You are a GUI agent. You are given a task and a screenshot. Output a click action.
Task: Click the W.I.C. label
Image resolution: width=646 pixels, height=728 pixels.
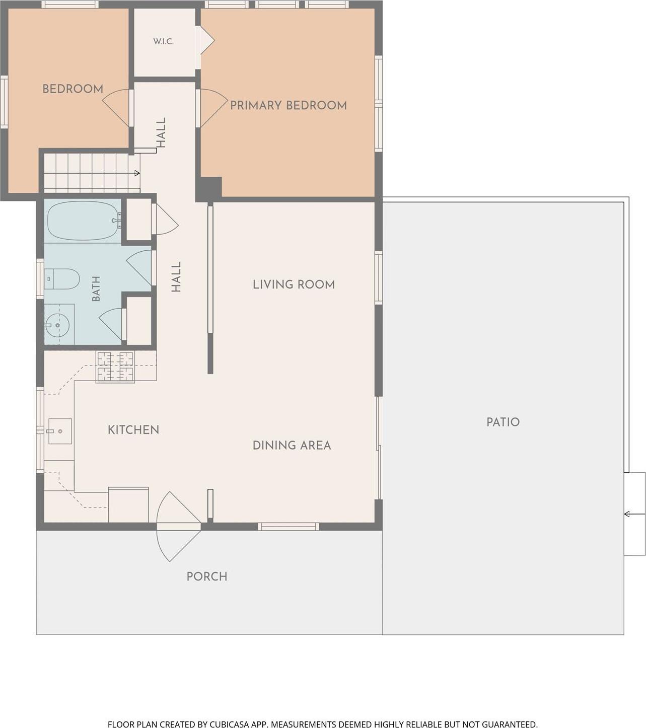[x=164, y=41]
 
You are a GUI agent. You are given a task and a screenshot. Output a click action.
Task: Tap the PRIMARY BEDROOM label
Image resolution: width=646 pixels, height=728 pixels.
[x=289, y=105]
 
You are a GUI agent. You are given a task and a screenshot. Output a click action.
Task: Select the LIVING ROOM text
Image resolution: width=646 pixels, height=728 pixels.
[x=294, y=284]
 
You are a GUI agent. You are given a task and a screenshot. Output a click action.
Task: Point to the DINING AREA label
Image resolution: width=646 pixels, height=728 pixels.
[x=292, y=446]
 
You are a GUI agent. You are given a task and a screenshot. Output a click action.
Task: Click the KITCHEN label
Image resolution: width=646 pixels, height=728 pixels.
[x=133, y=430]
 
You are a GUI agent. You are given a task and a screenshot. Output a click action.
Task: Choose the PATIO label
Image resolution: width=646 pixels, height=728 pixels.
[x=503, y=422]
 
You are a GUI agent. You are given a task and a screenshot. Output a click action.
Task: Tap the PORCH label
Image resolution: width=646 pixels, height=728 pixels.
[x=207, y=576]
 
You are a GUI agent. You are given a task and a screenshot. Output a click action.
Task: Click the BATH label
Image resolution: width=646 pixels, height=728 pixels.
[x=96, y=288]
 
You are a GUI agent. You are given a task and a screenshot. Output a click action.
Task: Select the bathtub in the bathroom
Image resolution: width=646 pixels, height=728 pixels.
[x=84, y=221]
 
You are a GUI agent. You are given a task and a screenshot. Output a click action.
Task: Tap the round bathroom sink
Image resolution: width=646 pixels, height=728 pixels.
[x=57, y=325]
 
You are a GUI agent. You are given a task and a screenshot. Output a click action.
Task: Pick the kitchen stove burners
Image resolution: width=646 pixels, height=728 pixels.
[x=115, y=367]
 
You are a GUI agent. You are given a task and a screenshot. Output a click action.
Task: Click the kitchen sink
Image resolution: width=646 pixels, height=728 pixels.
[x=60, y=431]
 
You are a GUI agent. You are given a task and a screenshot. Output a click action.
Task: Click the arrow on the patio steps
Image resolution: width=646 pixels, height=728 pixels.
[x=634, y=514]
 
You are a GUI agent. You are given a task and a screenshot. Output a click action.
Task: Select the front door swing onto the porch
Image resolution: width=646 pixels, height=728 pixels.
[x=178, y=527]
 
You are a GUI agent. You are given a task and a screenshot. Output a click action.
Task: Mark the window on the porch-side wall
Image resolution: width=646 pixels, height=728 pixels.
[x=289, y=527]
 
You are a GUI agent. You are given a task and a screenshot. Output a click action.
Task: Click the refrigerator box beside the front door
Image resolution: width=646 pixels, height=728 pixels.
[x=128, y=505]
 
